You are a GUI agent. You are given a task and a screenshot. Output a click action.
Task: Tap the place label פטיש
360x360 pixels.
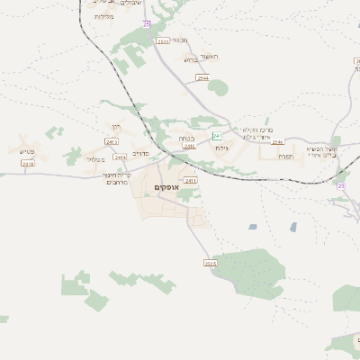(26, 152)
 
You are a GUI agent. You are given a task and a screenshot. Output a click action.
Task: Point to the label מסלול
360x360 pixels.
(95, 159)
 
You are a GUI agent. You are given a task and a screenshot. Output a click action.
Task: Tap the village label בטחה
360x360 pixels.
(187, 139)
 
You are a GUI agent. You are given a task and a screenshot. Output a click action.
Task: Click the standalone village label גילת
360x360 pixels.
(223, 147)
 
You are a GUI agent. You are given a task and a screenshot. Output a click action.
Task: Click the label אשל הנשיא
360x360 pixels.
(320, 148)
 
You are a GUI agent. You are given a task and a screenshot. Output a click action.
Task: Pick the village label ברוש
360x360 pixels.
(190, 60)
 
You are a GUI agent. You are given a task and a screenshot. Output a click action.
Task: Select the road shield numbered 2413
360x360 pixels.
(112, 142)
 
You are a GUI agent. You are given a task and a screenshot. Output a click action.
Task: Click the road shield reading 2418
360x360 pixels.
(27, 164)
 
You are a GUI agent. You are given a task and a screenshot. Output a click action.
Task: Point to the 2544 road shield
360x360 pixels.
(203, 79)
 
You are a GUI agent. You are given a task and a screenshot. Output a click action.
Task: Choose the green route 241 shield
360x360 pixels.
(217, 135)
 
